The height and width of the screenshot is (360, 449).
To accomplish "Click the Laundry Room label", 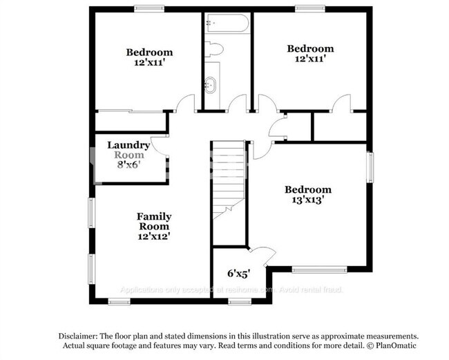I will [128, 150].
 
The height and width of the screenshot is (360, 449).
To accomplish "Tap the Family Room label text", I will [153, 221].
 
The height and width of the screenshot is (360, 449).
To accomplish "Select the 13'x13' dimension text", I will [309, 201].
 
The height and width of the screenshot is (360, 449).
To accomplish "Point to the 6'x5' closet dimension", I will [238, 273].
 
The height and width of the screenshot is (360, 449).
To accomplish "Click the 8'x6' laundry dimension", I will [129, 165].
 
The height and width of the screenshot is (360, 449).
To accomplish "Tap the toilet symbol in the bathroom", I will [216, 49].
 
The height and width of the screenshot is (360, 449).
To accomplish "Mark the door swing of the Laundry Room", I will [160, 144].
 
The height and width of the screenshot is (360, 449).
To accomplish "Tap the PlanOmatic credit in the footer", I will [392, 345].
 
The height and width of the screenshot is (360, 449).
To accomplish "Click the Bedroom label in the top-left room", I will [149, 52].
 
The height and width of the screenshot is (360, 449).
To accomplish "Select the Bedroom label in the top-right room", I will [310, 48].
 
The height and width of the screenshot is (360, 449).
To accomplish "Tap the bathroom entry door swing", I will [236, 104].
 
